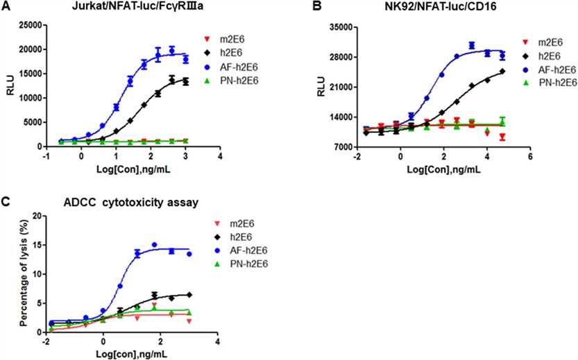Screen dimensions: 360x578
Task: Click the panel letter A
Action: (6, 7)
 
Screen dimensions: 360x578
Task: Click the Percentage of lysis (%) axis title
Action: (24, 274)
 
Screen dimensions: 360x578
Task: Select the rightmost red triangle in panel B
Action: (502, 137)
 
